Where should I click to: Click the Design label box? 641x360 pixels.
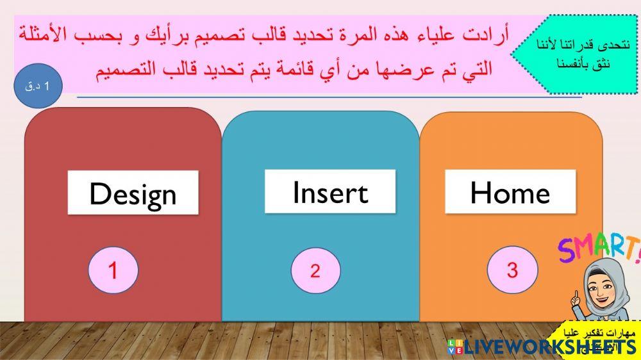[x=133, y=192]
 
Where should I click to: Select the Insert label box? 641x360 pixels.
[x=330, y=192]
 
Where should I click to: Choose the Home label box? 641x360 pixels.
[x=510, y=192]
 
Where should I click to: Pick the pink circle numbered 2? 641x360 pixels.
[x=315, y=270]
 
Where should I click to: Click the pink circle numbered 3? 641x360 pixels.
[x=512, y=270]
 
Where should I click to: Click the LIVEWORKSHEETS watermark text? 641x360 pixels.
[x=551, y=347]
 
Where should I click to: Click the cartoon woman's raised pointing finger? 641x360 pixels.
[x=576, y=297]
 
